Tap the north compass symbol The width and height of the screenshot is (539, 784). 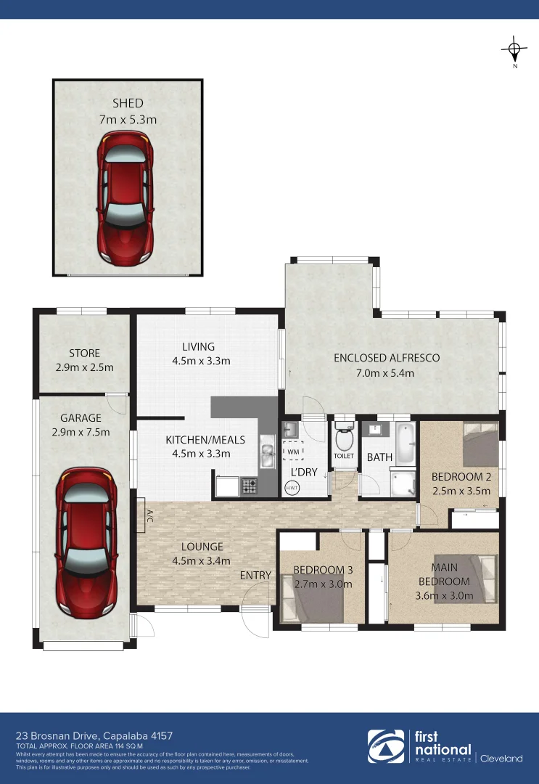(x=514, y=49)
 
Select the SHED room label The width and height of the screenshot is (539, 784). (x=127, y=103)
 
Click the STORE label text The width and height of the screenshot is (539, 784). (x=84, y=354)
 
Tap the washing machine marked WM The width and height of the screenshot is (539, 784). (x=293, y=452)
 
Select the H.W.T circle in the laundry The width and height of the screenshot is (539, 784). (x=292, y=488)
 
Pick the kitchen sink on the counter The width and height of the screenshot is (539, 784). (x=266, y=454)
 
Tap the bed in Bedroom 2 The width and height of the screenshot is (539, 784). (x=480, y=444)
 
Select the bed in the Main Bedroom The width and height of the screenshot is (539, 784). (x=477, y=578)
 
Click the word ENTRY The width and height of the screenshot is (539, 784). (x=255, y=576)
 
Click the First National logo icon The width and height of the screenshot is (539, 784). (x=384, y=747)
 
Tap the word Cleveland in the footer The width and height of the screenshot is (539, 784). (x=501, y=759)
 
